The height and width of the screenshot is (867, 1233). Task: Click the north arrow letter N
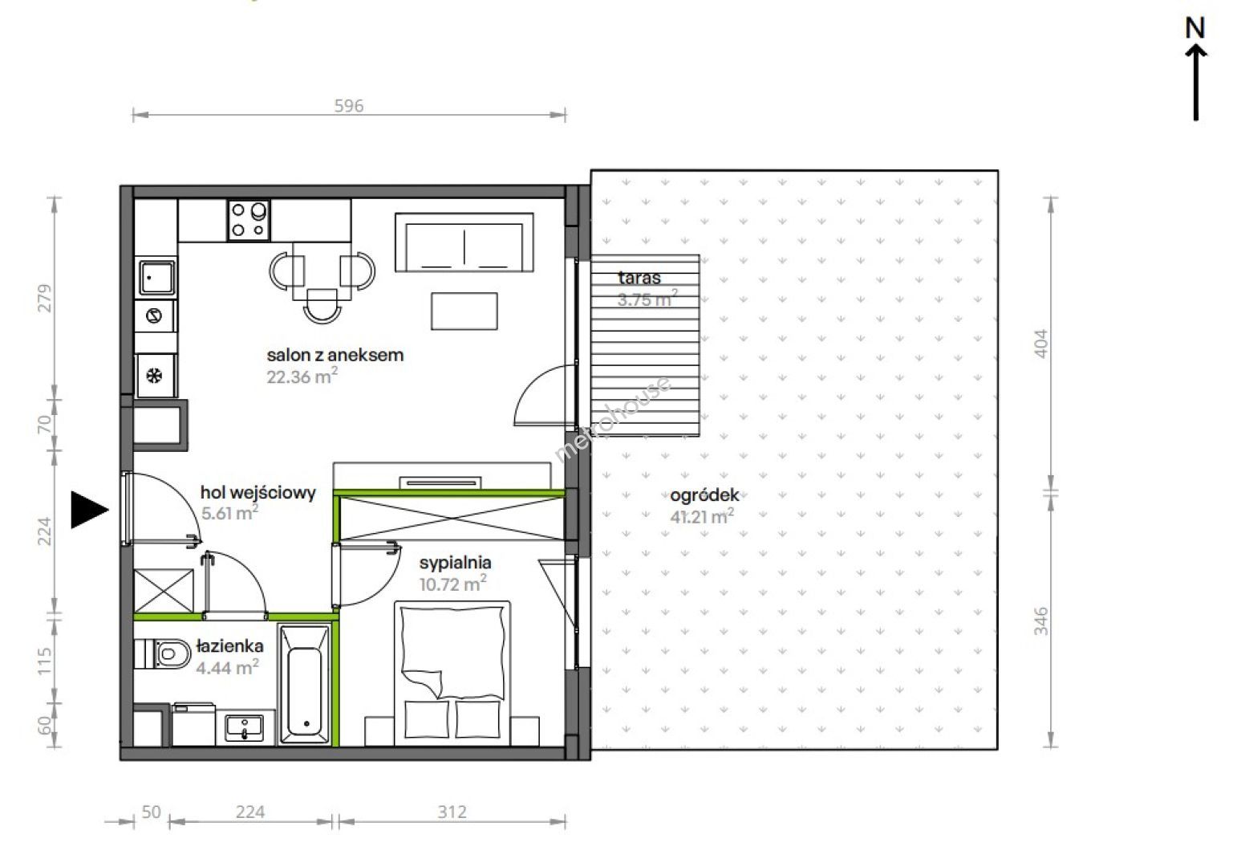pos(1195,28)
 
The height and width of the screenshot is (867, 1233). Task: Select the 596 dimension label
pos(349,106)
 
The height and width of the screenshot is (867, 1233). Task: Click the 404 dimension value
pos(1041,344)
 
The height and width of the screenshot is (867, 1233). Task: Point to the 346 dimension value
pos(1041,621)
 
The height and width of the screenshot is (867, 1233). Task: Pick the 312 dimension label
pos(452,812)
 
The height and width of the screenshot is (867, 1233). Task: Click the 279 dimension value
pos(44,299)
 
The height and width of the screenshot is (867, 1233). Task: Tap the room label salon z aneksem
pos(335,355)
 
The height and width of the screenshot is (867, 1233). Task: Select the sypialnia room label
pos(455,563)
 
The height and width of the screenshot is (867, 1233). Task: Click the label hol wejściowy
pos(258,492)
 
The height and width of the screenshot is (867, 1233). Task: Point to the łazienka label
pos(230,645)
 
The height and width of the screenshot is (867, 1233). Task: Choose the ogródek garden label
pos(704,495)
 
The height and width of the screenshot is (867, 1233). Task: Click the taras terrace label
pos(639,278)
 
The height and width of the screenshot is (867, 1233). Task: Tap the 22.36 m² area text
pos(302,377)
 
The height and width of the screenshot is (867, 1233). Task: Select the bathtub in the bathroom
pos(305,684)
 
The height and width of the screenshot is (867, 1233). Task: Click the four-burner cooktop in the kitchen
pos(249,220)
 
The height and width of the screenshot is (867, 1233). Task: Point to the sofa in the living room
pos(464,242)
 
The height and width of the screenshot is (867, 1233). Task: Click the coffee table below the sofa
pos(464,311)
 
